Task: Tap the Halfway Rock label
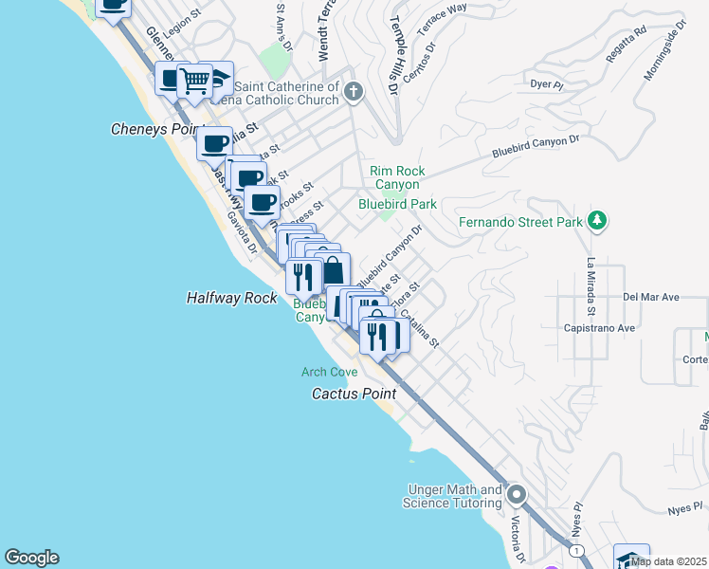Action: [231, 298]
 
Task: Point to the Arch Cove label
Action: [329, 372]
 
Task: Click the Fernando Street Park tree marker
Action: [596, 221]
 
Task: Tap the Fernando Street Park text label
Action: [520, 223]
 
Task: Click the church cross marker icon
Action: [354, 92]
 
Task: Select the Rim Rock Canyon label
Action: [397, 177]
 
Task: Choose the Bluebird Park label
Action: [397, 203]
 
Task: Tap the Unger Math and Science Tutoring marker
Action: [517, 494]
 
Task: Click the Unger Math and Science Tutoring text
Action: [455, 496]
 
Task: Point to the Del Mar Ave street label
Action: [651, 297]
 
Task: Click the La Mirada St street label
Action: [590, 285]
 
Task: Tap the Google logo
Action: [31, 558]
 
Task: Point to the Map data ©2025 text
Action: [668, 561]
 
